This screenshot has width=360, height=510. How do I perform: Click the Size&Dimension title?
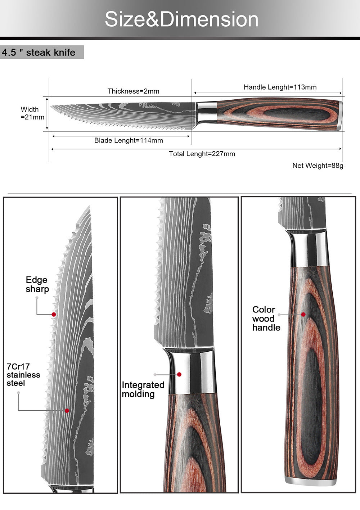[x=181, y=19]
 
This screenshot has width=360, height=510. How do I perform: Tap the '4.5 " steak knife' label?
[x=39, y=53]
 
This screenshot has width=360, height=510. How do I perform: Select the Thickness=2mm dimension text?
[x=133, y=91]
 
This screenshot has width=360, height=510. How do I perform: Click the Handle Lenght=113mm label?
[x=280, y=87]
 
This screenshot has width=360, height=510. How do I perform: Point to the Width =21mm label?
[x=32, y=113]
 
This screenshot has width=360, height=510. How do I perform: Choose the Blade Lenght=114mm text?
[x=129, y=140]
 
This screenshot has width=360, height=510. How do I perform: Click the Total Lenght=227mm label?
[x=202, y=154]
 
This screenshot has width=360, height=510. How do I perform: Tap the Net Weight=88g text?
[x=318, y=166]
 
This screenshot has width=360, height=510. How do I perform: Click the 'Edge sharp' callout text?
[x=37, y=284]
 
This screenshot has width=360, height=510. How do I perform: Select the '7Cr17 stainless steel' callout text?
[x=23, y=375]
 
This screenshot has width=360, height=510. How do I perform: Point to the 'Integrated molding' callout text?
[x=143, y=389]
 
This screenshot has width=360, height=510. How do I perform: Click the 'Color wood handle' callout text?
[x=266, y=319]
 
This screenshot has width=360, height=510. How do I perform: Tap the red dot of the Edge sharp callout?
[x=54, y=314]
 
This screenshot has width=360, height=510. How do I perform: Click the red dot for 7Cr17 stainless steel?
[x=67, y=410]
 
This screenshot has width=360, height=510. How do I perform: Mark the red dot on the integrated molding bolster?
[x=179, y=374]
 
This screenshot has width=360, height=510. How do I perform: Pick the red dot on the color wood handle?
[x=303, y=314]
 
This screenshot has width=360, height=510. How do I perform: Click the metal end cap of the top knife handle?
[x=340, y=114]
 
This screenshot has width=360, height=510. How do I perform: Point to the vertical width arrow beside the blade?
[x=47, y=113]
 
